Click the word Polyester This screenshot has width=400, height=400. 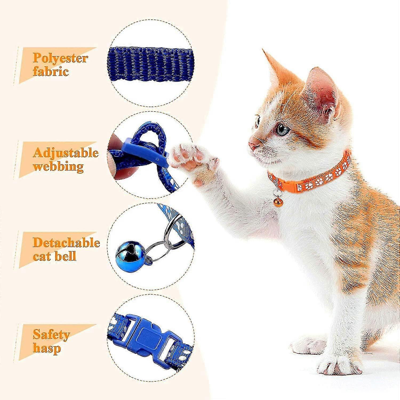click(x=61, y=58)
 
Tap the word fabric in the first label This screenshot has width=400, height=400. click(x=51, y=71)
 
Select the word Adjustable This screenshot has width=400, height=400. click(x=66, y=153)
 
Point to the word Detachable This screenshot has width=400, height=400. click(x=66, y=243)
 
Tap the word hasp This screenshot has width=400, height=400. click(x=47, y=348)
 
